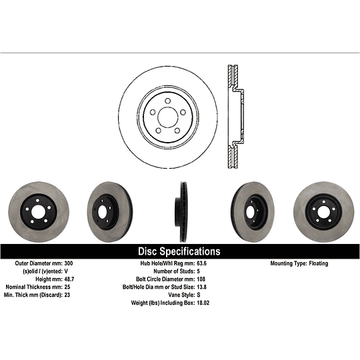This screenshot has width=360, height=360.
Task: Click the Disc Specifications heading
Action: click(179, 251)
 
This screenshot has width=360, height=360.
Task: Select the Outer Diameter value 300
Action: click(69, 263)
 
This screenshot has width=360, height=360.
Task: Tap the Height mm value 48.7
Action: click(69, 279)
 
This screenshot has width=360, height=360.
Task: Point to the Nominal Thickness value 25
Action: click(67, 287)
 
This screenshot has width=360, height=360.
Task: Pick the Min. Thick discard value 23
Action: click(67, 295)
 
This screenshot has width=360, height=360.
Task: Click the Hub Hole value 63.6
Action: click(202, 263)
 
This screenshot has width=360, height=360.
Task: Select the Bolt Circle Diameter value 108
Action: click(201, 279)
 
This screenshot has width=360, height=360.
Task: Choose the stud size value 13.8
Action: click(202, 287)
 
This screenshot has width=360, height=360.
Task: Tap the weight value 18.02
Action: click(203, 303)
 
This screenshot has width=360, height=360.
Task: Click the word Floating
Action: click(319, 263)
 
